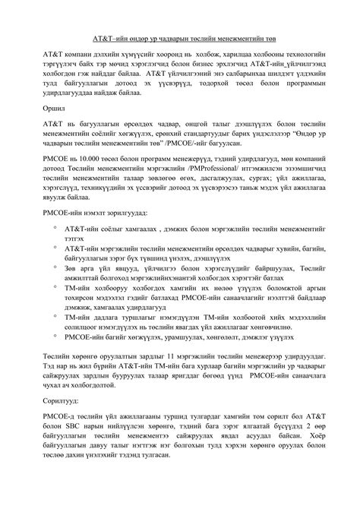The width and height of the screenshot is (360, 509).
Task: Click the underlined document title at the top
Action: pyautogui.click(x=179, y=36)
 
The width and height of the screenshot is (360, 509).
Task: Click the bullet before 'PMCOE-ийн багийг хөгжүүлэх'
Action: pyautogui.click(x=55, y=335)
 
